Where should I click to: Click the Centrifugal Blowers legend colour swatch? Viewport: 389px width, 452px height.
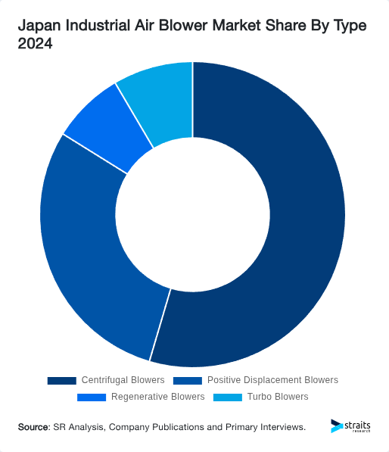pos(61,380)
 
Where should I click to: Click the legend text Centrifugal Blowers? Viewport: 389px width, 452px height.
pos(122,380)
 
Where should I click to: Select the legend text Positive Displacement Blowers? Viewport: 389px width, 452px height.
pos(272,380)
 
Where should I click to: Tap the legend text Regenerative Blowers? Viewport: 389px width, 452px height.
pos(157,397)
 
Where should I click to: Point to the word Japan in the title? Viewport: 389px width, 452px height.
pos(39,26)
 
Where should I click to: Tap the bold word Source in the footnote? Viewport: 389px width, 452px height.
pos(33,427)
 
